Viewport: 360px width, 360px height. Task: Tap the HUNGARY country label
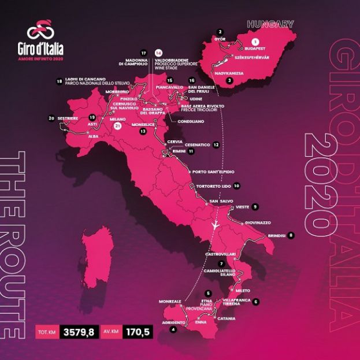(270, 24)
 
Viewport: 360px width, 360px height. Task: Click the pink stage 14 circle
(158, 52)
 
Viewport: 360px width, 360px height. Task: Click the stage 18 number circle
(60, 81)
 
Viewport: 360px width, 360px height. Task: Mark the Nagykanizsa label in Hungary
(231, 73)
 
